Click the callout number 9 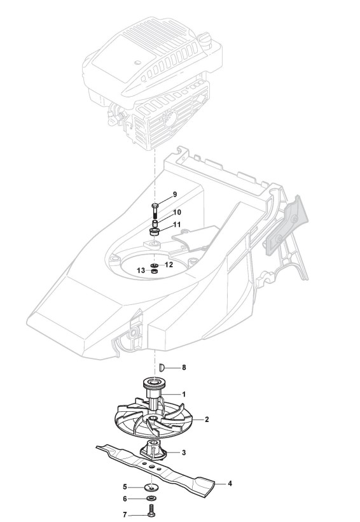(x=175, y=194)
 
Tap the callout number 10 (x=177, y=212)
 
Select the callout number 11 (x=177, y=224)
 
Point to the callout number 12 (x=169, y=265)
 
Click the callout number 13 (x=141, y=271)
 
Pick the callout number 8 (x=184, y=367)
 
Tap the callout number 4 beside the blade (x=230, y=483)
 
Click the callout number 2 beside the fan (x=207, y=420)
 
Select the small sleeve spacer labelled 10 (x=155, y=223)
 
